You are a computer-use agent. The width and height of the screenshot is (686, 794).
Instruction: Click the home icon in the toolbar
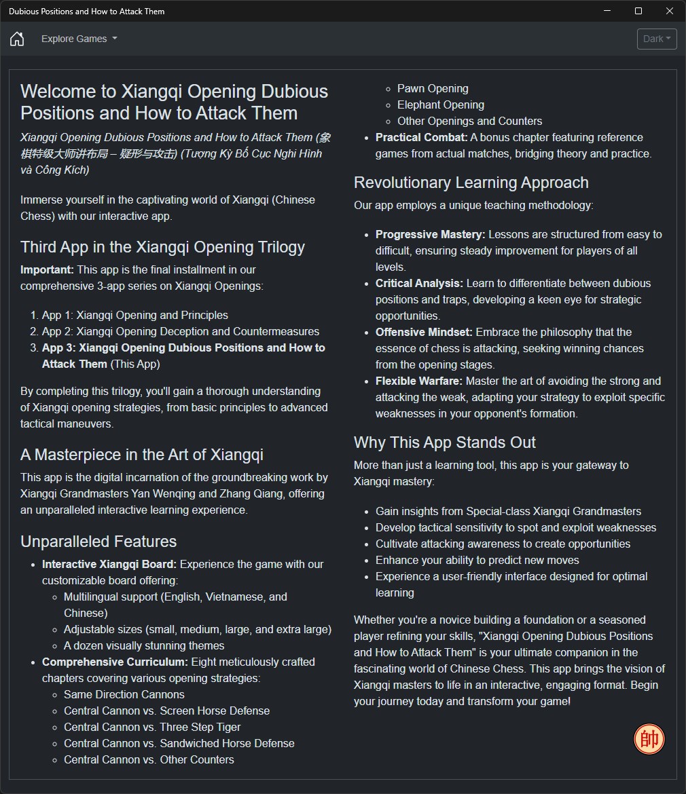[17, 39]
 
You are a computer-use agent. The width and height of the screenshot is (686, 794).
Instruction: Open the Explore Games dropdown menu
[79, 39]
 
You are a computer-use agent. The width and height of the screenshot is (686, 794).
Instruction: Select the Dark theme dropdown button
[657, 39]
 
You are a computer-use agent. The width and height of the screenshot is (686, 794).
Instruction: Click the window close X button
[670, 11]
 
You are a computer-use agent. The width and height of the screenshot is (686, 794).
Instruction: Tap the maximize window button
[638, 11]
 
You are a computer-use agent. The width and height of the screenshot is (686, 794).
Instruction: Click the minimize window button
[607, 11]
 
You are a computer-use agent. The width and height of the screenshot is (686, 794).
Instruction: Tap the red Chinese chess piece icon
[649, 739]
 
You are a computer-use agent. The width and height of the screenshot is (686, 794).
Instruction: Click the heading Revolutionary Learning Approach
[471, 183]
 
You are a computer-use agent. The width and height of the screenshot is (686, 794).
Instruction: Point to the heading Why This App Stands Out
[444, 442]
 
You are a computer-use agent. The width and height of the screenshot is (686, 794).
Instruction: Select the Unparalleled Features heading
[98, 542]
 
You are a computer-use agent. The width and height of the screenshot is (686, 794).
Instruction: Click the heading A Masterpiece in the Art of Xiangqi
[142, 455]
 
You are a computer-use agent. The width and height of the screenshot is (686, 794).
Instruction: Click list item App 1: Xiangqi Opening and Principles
[134, 315]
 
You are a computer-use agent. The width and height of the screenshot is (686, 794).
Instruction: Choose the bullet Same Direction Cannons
[124, 694]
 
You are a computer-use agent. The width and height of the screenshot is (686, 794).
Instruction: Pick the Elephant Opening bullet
[440, 105]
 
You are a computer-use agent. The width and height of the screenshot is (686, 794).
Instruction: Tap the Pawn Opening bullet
[433, 88]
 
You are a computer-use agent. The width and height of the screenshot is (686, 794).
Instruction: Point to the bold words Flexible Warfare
[419, 381]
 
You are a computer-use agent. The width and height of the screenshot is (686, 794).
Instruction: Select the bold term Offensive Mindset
[424, 332]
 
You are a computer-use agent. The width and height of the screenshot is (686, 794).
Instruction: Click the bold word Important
[45, 269]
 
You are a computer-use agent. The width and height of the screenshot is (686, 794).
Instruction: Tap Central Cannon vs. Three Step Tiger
[152, 727]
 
